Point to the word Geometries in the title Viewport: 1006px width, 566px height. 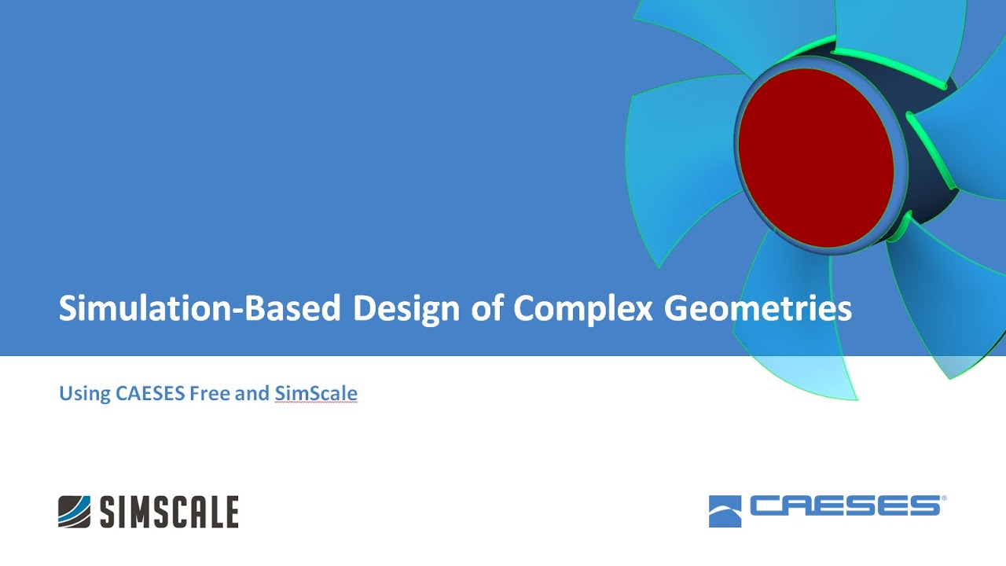pos(758,308)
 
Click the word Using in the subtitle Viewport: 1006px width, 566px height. pos(85,393)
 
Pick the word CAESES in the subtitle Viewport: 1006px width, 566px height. pos(150,393)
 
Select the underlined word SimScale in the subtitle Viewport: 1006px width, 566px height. pos(316,393)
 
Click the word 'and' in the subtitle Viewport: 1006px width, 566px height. pos(252,393)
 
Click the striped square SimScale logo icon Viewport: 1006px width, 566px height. pos(75,511)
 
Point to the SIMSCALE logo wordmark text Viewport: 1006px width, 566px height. pos(169,512)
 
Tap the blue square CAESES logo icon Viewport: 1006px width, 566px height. pos(725,511)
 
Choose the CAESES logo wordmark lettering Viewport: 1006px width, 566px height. pos(844,505)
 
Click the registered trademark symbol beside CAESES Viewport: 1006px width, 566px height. pos(944,498)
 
